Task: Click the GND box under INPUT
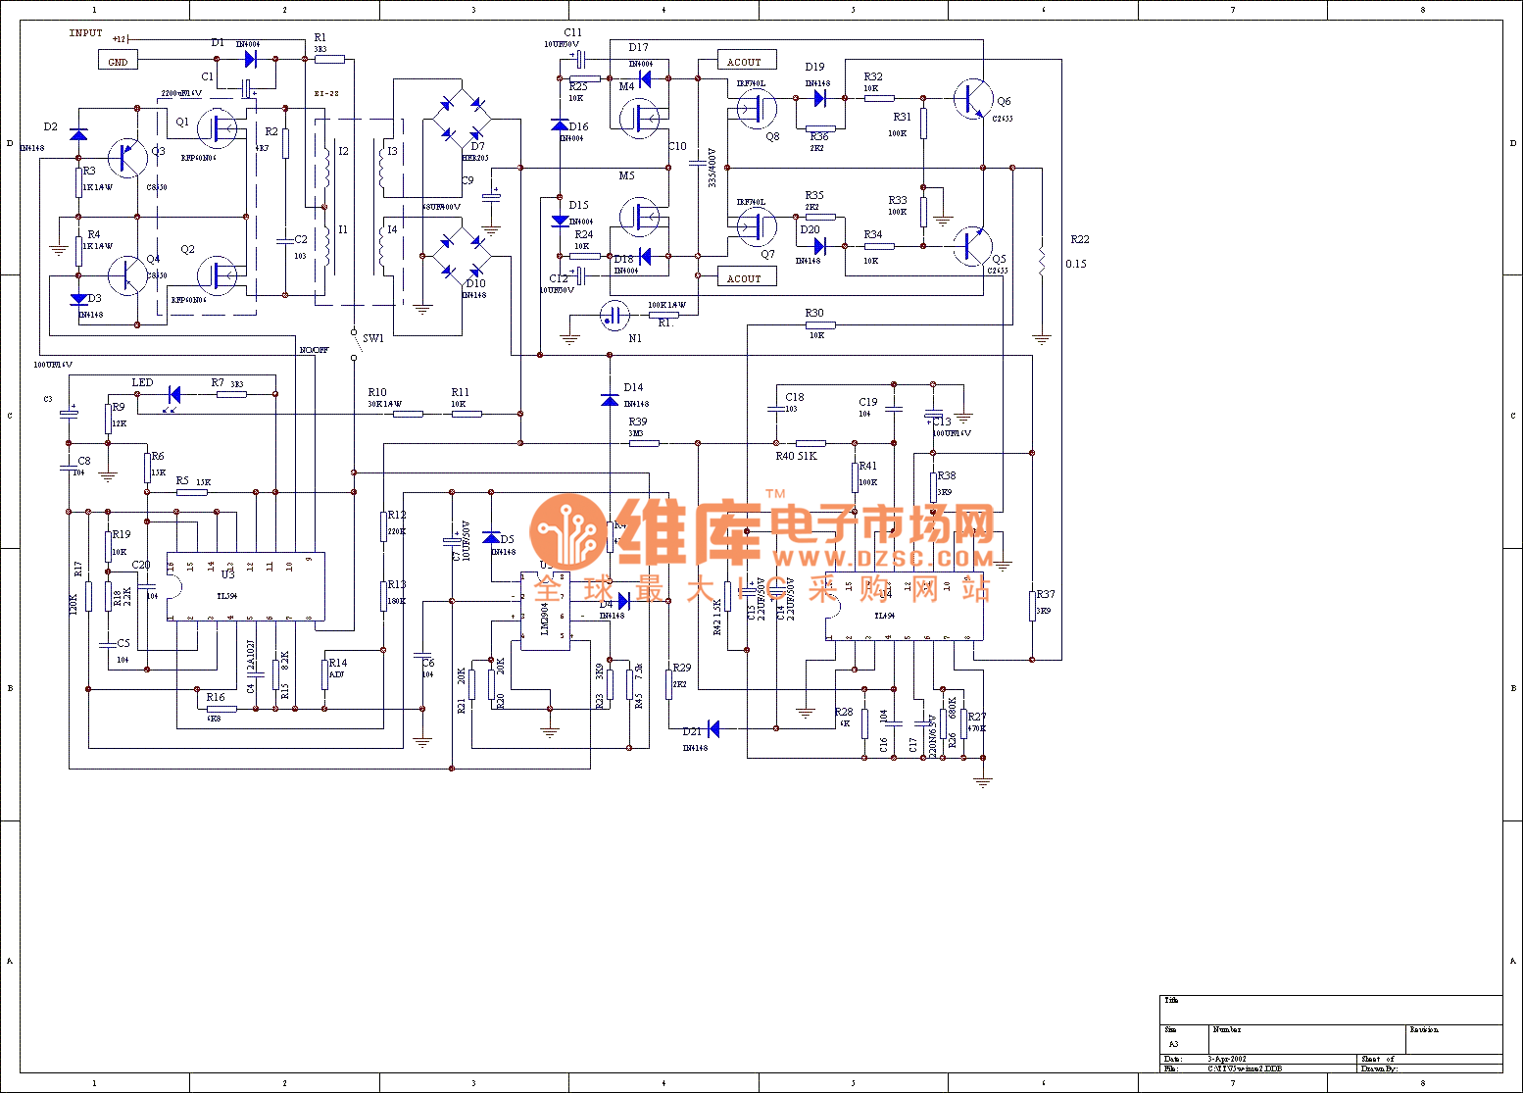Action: click(x=118, y=61)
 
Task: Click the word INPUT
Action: click(x=85, y=33)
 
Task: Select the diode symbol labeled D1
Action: click(x=250, y=59)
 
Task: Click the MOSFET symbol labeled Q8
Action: click(x=757, y=110)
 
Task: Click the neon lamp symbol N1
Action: click(x=614, y=316)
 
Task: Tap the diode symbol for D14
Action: click(x=610, y=400)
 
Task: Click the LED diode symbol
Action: click(x=173, y=395)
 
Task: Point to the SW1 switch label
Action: click(x=373, y=339)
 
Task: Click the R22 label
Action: click(x=1079, y=239)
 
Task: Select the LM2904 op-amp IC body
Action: click(x=545, y=611)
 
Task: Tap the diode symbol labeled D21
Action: click(x=712, y=728)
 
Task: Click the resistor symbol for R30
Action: click(x=820, y=324)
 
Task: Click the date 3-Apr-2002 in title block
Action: click(x=1227, y=1059)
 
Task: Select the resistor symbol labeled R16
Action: click(x=221, y=709)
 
